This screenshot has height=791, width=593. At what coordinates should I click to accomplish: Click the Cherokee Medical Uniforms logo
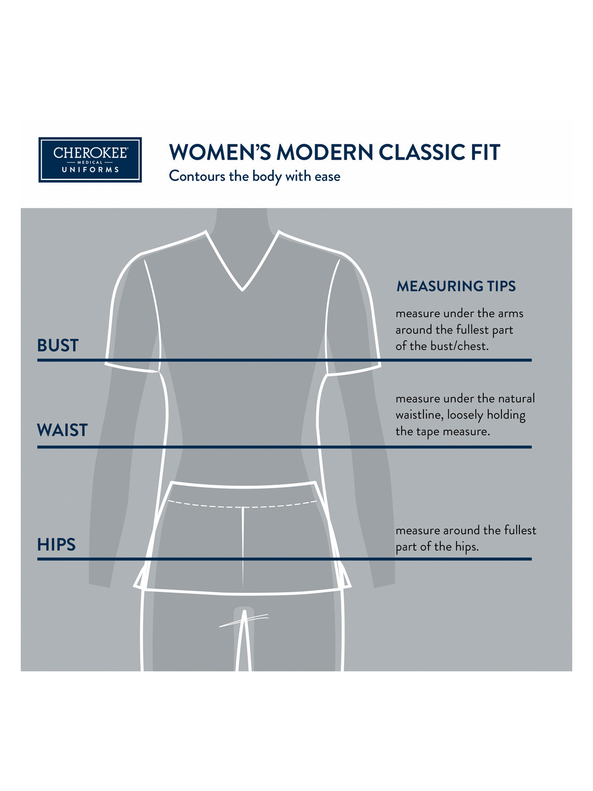pos(90,160)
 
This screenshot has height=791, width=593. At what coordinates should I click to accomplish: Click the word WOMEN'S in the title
pos(220,152)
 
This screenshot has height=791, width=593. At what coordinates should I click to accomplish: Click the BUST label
pos(58,345)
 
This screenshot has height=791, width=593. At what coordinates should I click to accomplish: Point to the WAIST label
pos(62,430)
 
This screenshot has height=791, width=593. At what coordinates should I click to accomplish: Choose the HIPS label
pos(56,544)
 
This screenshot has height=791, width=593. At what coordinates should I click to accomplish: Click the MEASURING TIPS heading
pos(456,286)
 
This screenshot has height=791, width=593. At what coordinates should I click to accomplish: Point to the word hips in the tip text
pos(466,547)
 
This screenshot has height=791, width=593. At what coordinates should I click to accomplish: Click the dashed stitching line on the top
pos(242,505)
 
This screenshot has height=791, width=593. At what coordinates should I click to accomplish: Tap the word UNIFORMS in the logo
pos(90,170)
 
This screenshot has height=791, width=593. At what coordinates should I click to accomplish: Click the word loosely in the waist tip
pos(465,415)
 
